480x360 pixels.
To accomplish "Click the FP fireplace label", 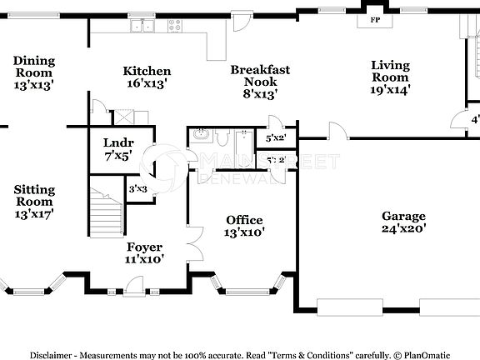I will tap(374, 19).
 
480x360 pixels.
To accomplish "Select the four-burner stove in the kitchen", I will tap(175, 26).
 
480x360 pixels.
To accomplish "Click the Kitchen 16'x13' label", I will tap(147, 77).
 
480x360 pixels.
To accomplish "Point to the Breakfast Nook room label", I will tap(260, 82).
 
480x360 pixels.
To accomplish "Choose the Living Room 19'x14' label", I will tap(390, 77).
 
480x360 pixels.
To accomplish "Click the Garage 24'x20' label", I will tap(404, 222).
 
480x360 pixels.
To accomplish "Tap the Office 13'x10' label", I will tap(245, 226).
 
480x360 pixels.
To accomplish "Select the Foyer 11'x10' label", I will tap(144, 252).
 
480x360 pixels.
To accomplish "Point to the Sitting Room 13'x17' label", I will tap(34, 202).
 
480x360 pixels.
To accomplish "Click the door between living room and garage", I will tap(337, 131).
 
